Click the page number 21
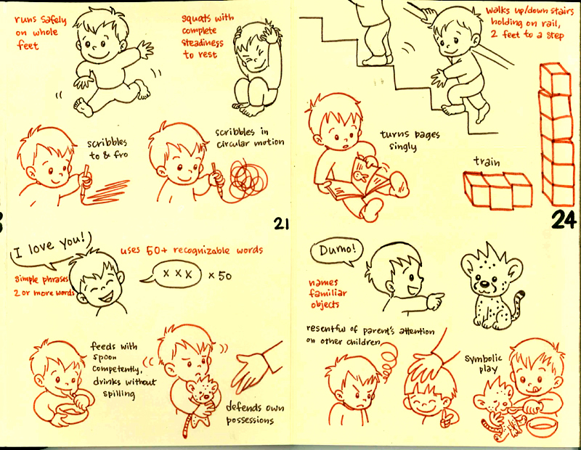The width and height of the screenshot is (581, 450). (x=282, y=224)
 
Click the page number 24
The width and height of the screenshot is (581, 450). (x=563, y=219)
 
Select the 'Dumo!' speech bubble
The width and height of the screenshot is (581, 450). (x=335, y=251)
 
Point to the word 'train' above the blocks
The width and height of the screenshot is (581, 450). (x=486, y=161)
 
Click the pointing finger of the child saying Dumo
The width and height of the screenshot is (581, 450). (x=437, y=298)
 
